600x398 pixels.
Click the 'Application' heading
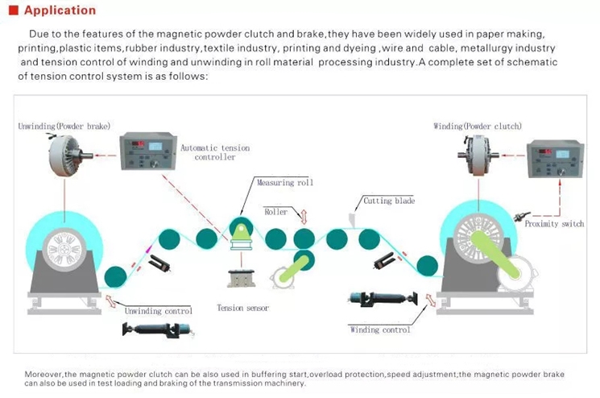point(60,10)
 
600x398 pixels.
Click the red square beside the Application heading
point(12,11)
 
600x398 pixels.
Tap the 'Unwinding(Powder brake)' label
point(64,126)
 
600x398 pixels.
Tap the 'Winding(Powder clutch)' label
point(478,126)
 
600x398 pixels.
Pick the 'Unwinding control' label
point(158,310)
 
